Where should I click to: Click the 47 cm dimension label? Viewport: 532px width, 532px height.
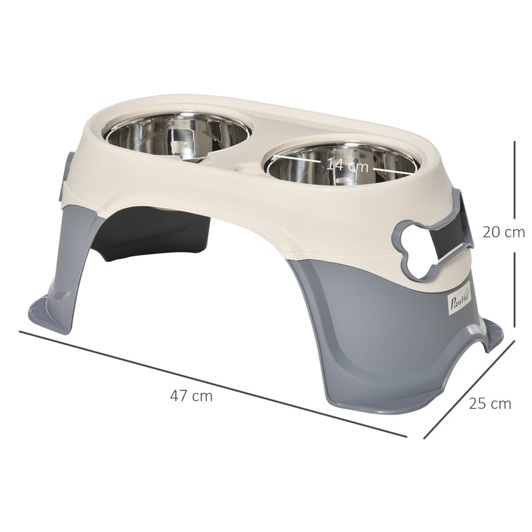click(x=191, y=396)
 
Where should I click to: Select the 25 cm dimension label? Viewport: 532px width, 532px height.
click(x=490, y=403)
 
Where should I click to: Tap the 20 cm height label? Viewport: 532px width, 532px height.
click(x=503, y=232)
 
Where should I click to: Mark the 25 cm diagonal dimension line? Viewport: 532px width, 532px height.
click(x=469, y=390)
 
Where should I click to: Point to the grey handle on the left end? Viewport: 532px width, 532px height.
click(x=67, y=176)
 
